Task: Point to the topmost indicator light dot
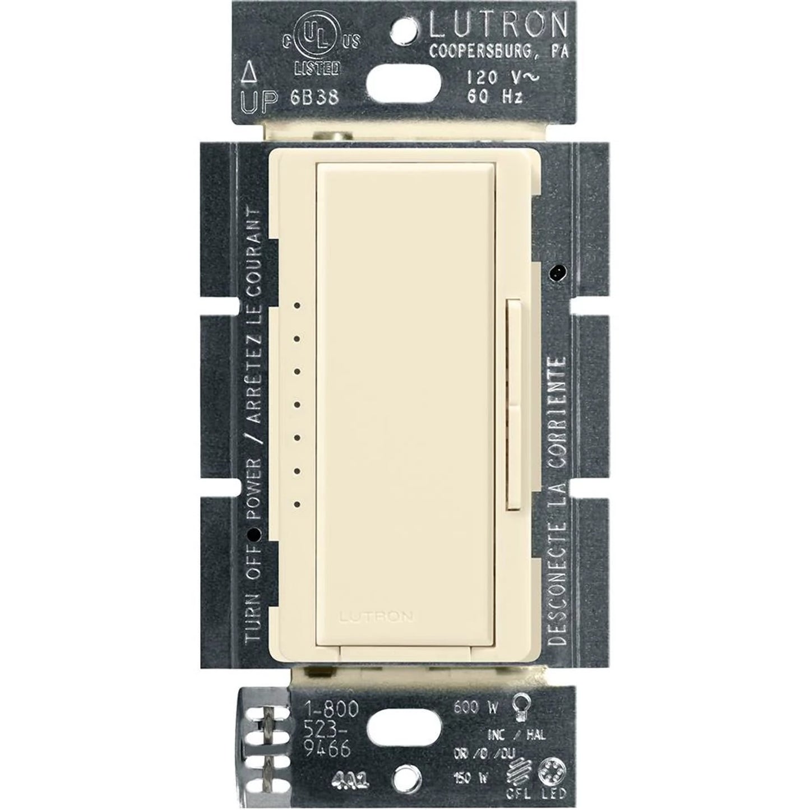tap(297, 306)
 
